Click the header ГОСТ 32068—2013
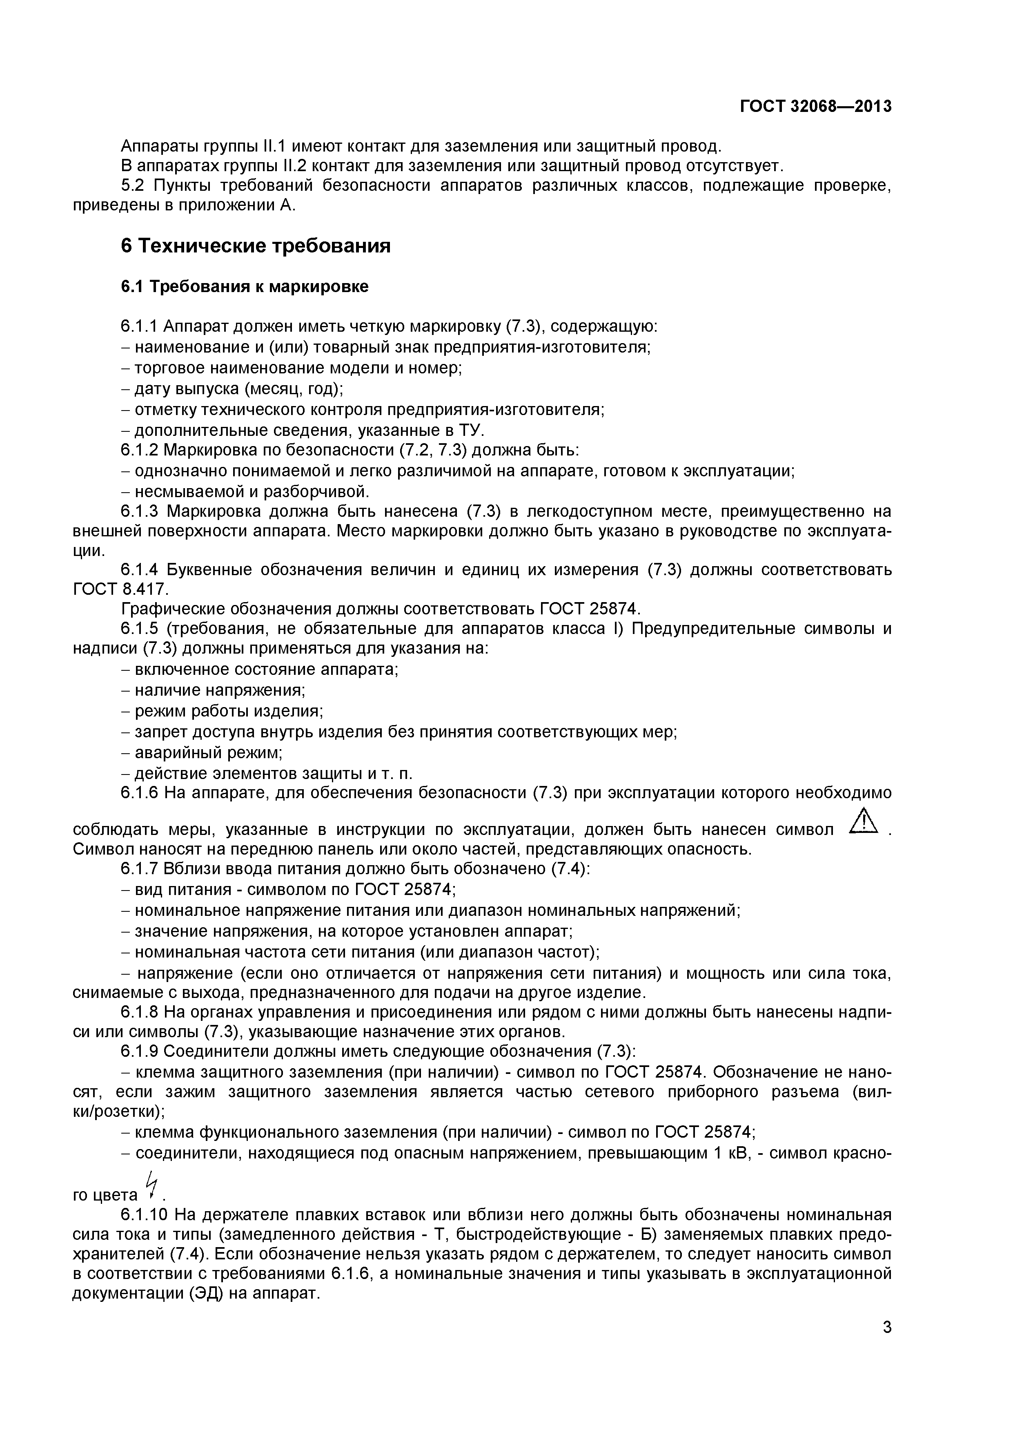point(815,107)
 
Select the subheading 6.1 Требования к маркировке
point(245,286)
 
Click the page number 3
point(887,1345)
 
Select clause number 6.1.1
point(141,327)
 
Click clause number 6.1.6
point(141,792)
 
